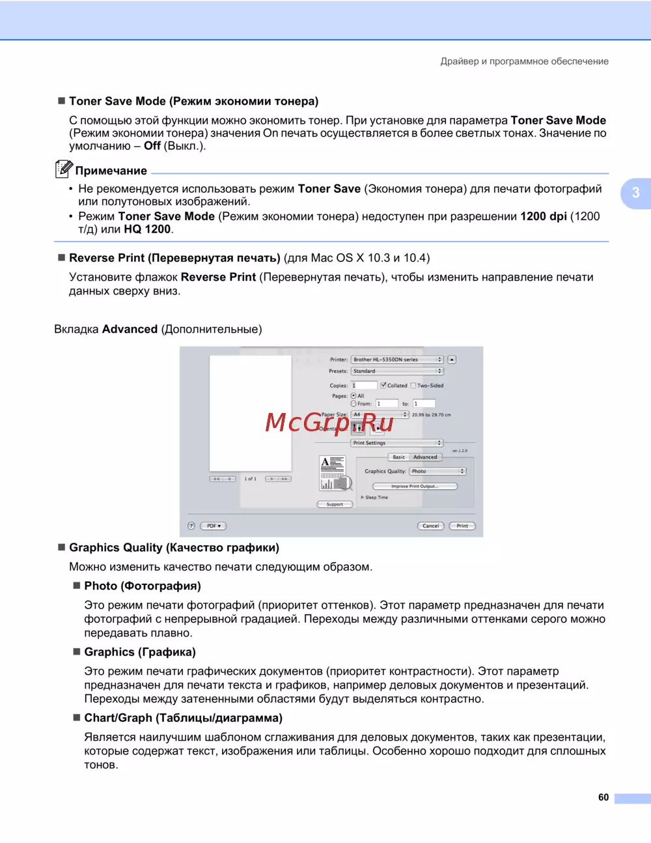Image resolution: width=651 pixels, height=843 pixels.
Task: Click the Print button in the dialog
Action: pos(462,526)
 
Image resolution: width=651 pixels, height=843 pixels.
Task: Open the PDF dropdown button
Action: pos(214,526)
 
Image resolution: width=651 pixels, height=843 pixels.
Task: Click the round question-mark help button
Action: pos(191,526)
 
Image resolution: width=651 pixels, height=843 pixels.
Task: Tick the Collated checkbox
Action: pos(383,385)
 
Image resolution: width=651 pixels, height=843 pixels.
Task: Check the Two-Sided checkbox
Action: pos(413,385)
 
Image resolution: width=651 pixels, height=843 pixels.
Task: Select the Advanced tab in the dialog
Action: pos(425,457)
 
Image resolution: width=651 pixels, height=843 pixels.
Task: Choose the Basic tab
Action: pos(399,457)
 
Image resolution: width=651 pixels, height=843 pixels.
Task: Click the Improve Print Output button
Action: pos(415,486)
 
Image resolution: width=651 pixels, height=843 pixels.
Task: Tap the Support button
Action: pos(335,504)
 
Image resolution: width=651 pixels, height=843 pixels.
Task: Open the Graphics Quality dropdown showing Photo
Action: pos(437,471)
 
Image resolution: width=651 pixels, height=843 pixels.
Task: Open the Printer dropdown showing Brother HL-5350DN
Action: pos(397,360)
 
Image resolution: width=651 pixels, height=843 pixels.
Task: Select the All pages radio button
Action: pos(353,395)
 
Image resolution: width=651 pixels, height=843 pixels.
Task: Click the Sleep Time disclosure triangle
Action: pos(363,497)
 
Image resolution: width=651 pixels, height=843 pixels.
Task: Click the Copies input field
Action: pos(363,385)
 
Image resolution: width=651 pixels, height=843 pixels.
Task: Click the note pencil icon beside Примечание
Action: pos(63,169)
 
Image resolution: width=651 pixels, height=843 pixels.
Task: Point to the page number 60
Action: pos(603,797)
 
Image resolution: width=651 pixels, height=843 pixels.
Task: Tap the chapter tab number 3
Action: pos(636,193)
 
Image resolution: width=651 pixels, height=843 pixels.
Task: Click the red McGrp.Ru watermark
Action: pos(329,423)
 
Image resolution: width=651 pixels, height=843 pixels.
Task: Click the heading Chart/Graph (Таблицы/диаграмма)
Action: pos(183,718)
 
